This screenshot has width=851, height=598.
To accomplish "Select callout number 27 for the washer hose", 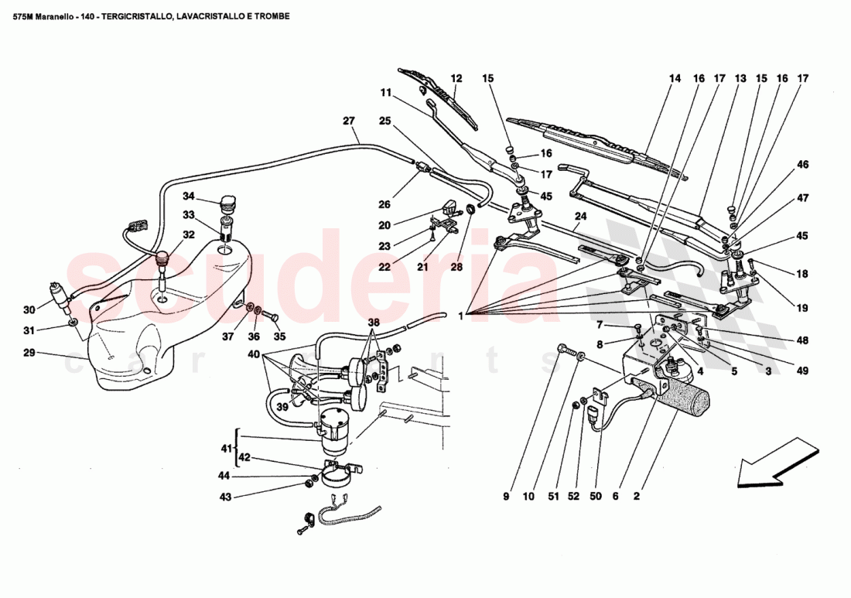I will [349, 121].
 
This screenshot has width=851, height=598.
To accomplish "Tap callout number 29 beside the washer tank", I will [29, 354].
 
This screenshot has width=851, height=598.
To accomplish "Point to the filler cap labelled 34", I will [227, 205].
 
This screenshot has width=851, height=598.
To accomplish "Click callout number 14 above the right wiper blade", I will [675, 78].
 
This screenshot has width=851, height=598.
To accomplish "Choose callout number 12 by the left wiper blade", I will [456, 78].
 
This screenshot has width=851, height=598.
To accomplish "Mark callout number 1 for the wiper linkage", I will [462, 316].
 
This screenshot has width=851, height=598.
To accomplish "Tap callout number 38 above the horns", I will [374, 322].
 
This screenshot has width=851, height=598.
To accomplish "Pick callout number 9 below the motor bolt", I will [506, 497].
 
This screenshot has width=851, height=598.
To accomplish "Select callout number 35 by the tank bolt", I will [279, 337].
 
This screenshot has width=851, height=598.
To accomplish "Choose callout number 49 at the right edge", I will [802, 371].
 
